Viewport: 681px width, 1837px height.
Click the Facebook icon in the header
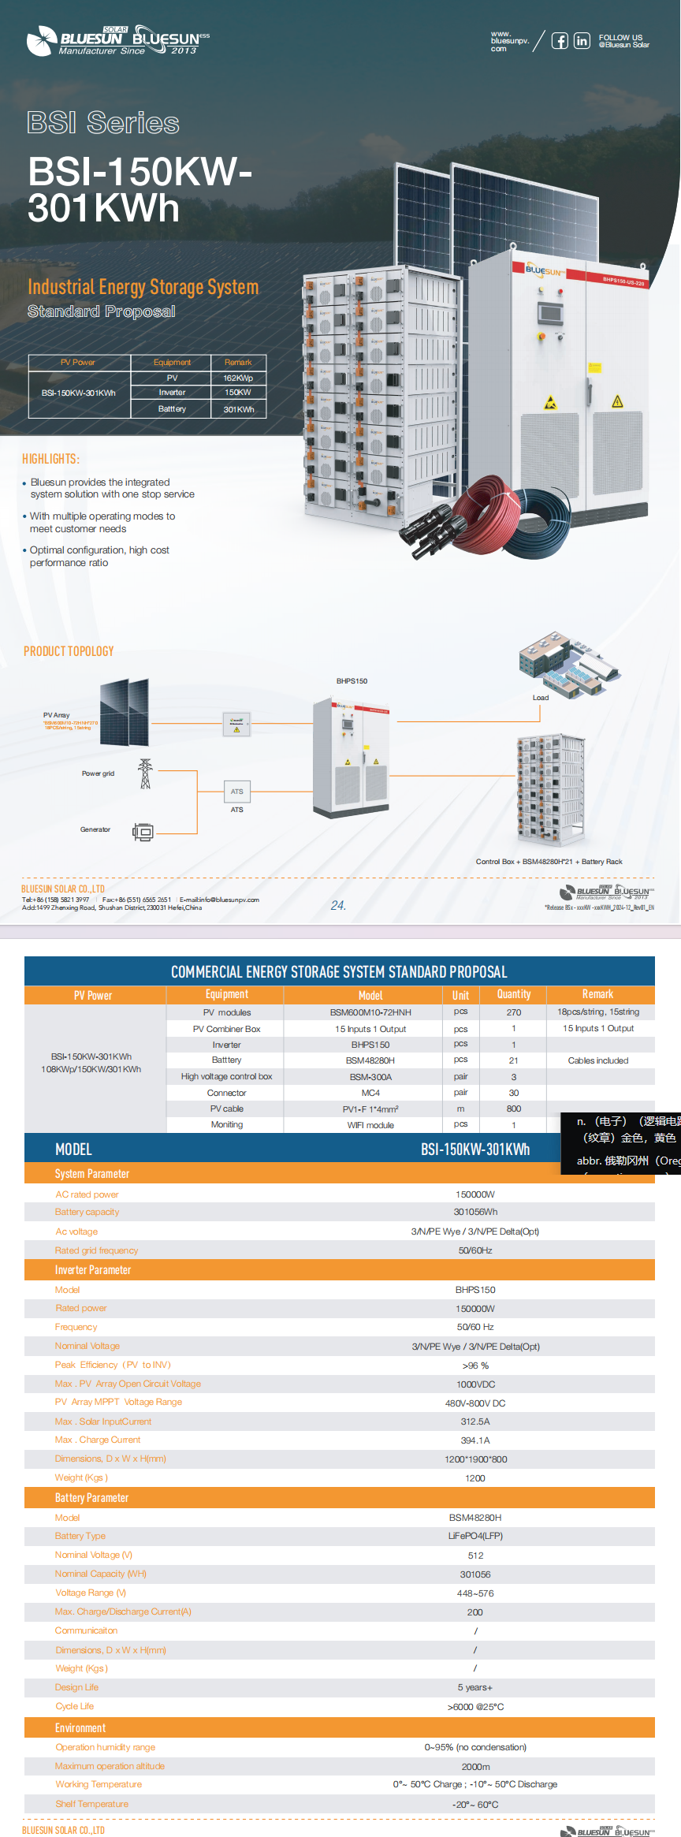point(559,41)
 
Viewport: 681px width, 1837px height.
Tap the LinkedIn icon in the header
point(582,41)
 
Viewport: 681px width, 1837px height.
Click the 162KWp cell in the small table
point(238,378)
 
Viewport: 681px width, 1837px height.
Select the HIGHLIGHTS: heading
point(50,459)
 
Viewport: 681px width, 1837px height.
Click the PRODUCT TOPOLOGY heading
point(69,651)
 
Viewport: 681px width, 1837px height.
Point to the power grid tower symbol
point(145,774)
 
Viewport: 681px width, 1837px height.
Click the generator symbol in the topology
point(143,832)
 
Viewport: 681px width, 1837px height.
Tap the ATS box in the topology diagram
point(236,792)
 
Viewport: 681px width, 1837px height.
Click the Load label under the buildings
point(541,698)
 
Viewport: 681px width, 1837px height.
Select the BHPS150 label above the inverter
point(352,681)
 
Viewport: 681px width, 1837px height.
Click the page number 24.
point(338,906)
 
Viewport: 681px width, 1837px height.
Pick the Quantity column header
point(514,995)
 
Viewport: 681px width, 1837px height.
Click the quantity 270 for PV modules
point(514,1012)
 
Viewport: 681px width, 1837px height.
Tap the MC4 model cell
point(370,1093)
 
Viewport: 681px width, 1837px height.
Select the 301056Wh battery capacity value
point(475,1212)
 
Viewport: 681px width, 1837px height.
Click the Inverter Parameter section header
point(93,1270)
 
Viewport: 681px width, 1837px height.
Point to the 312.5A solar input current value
point(475,1422)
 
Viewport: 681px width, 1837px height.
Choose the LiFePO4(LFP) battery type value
point(475,1536)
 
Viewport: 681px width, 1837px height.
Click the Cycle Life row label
point(75,1706)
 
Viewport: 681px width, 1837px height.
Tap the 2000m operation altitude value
point(475,1767)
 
